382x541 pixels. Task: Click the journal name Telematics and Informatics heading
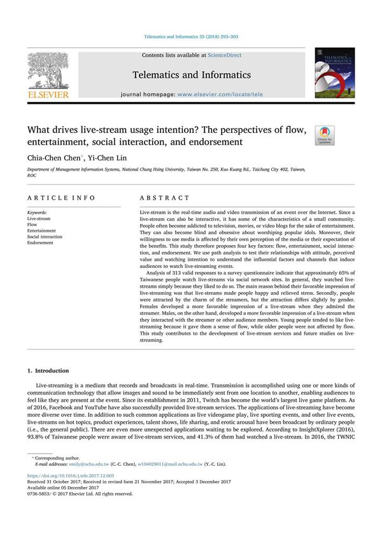click(191, 74)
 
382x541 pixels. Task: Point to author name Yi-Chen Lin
click(95, 157)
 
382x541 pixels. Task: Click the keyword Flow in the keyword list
click(33, 224)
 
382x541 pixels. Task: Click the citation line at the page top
click(190, 37)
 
